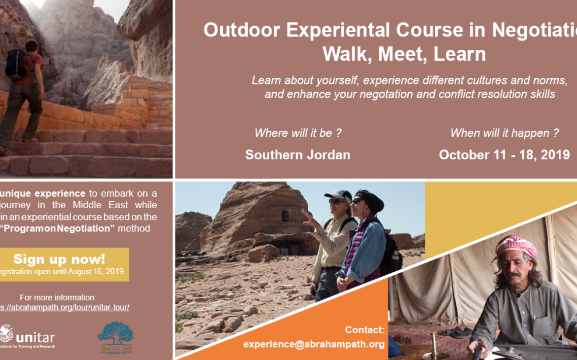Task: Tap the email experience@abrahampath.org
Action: click(314, 344)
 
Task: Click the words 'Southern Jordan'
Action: click(297, 154)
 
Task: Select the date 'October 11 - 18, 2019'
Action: click(504, 154)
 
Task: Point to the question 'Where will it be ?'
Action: click(298, 133)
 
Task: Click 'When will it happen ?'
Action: click(504, 133)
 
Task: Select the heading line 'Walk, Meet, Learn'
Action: click(404, 54)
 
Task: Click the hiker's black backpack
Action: click(17, 64)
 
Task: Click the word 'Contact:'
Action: click(364, 330)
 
